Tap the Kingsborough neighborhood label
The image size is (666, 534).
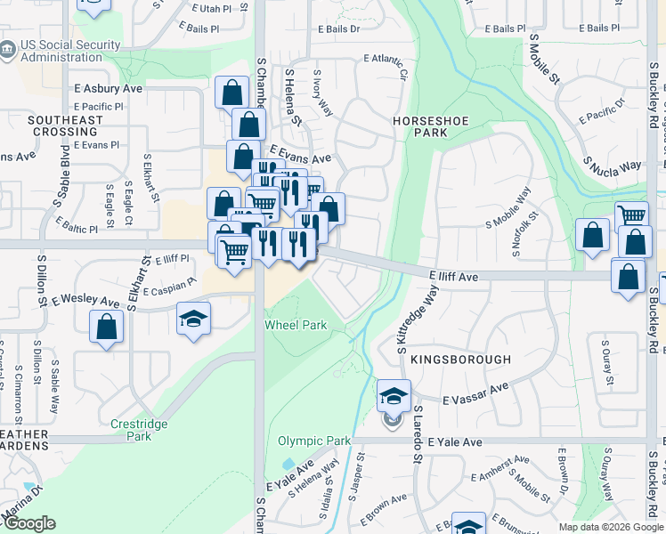click(x=461, y=360)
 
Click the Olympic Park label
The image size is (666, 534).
click(x=314, y=441)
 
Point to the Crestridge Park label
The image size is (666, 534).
click(x=139, y=430)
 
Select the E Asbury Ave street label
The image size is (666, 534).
click(x=109, y=89)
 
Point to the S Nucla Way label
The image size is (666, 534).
click(x=613, y=165)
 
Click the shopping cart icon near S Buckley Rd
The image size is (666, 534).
click(x=630, y=214)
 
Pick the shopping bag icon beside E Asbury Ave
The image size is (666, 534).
click(x=231, y=92)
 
